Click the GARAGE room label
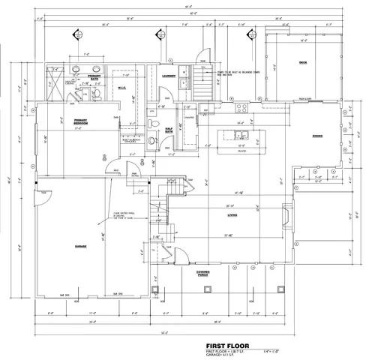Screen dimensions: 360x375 tap(80, 245)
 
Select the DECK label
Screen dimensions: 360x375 tap(302, 62)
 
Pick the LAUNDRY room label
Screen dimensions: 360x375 tap(169, 76)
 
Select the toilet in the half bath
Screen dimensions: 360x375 tap(152, 139)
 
